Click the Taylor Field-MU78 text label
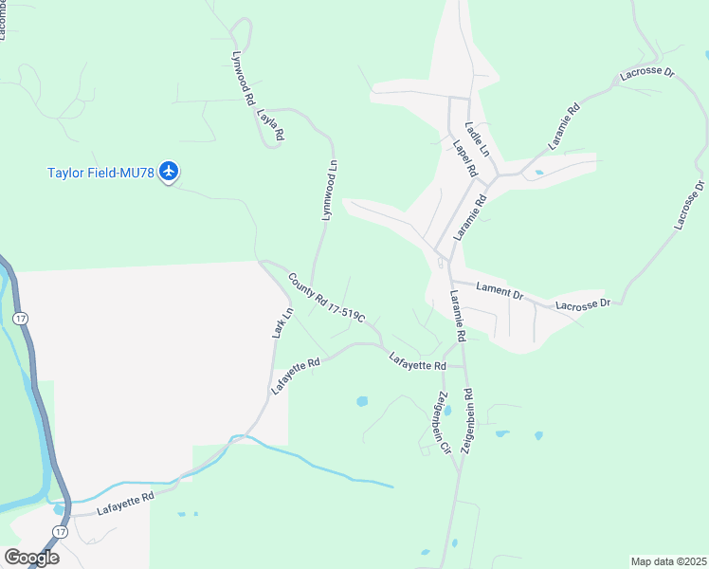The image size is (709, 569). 101,173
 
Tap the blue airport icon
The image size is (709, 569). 170,172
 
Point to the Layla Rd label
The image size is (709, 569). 270,125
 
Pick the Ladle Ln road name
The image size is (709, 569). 477,138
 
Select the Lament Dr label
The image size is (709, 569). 500,292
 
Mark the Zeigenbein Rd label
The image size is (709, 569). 466,423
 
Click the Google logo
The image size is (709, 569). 31,558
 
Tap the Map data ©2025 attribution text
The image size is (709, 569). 668,561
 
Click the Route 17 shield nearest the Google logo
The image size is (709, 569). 61,533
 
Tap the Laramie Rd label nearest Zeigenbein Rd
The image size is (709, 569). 457,318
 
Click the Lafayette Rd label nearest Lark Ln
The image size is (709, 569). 296,375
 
